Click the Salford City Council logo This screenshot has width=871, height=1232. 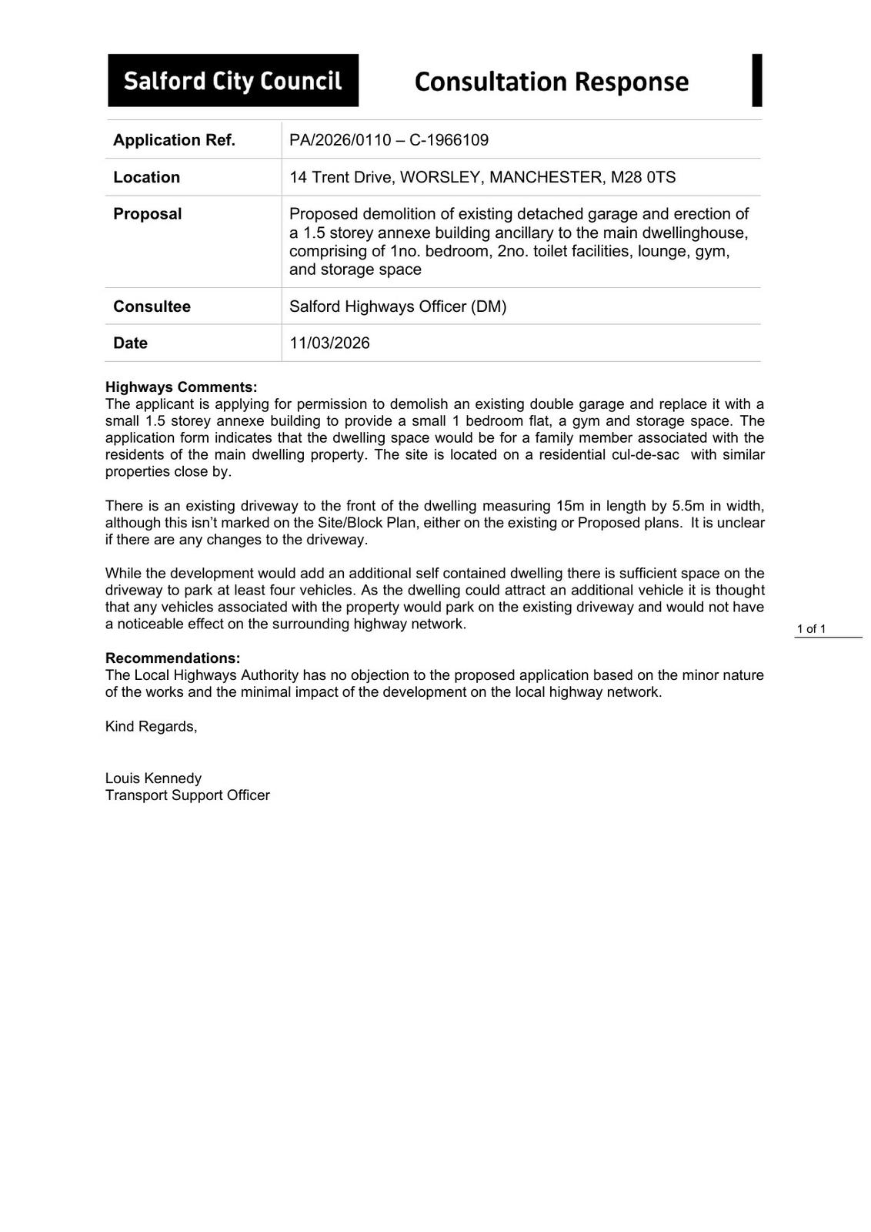232,80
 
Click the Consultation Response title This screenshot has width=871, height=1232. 551,82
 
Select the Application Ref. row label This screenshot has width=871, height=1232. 174,140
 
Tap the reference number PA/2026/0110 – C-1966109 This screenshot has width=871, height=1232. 389,140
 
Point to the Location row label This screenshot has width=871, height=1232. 146,177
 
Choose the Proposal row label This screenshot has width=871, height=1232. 147,214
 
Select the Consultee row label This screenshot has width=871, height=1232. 152,306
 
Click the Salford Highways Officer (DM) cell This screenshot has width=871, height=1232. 398,306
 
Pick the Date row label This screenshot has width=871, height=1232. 130,343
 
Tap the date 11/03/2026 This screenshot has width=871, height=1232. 329,343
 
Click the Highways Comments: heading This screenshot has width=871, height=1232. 181,387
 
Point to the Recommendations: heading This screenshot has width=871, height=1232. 172,658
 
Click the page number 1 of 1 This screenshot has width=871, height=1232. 811,629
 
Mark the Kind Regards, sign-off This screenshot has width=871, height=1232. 151,726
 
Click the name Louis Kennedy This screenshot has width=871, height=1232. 153,778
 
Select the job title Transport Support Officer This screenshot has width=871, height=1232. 187,795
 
